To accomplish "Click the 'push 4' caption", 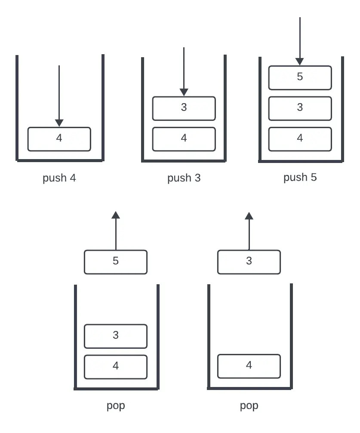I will [59, 178].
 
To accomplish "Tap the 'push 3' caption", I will [184, 178].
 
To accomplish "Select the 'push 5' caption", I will [300, 177].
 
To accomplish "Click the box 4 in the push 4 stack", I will [59, 139].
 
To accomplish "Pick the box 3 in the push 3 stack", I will [184, 108].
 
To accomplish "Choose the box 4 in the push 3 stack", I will [184, 139].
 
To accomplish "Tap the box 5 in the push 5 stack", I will [300, 77].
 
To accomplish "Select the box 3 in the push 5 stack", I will [300, 108].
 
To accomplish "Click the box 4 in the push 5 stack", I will [300, 139].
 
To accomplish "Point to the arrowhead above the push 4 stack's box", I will [59, 123].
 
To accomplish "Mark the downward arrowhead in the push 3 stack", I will [184, 92].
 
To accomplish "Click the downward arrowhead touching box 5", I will [300, 61].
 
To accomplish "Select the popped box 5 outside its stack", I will [115, 262].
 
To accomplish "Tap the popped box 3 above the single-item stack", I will [249, 262].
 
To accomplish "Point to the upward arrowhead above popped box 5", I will [115, 215].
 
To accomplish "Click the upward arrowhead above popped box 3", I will [249, 215].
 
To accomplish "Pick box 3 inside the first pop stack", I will [115, 336].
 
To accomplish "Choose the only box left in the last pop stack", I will [249, 366].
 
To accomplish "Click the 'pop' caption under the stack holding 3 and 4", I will [115, 405].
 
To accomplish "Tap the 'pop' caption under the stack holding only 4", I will [249, 405].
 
